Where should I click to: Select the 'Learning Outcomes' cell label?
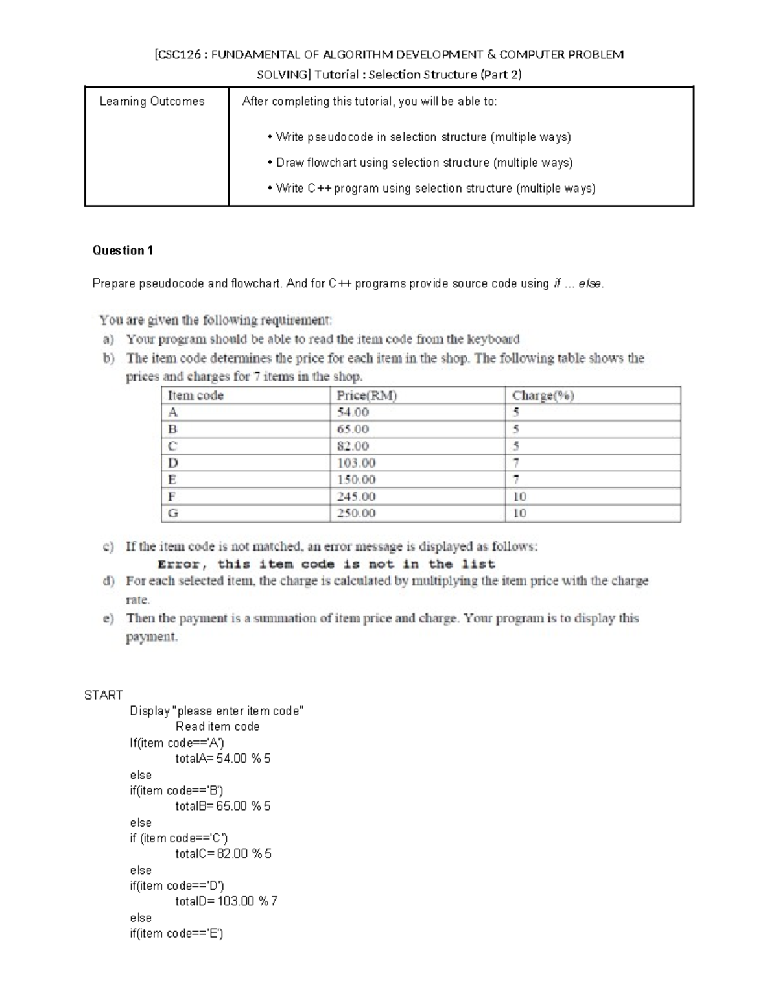coord(152,101)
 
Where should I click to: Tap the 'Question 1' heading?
coord(123,250)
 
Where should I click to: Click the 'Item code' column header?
coord(195,396)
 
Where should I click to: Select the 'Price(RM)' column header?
coord(366,396)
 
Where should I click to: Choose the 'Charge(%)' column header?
coord(543,396)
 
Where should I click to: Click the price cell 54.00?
coord(353,412)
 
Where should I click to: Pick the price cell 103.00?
coord(356,463)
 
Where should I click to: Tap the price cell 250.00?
coord(356,514)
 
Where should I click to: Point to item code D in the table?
coord(173,463)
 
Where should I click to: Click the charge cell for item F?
coord(519,497)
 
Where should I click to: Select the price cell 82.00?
coord(353,446)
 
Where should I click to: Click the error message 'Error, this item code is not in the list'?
coord(326,564)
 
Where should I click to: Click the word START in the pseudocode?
coord(104,695)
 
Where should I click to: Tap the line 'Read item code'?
coord(217,727)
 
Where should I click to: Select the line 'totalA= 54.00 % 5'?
coord(223,759)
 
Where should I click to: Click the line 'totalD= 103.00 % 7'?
coord(226,901)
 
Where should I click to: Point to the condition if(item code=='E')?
coord(176,934)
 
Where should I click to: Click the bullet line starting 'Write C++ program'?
coord(435,189)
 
